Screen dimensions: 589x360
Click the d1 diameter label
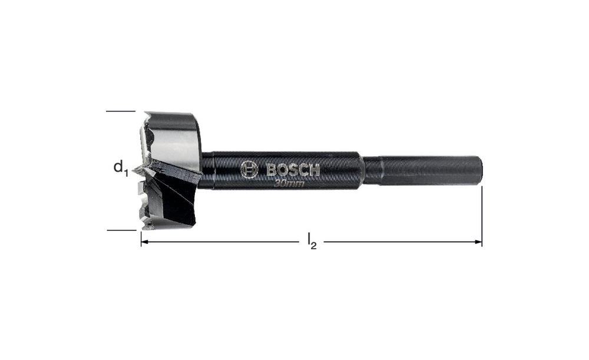(x=121, y=167)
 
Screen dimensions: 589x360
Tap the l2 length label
(x=312, y=241)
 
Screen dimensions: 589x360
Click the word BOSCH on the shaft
(x=293, y=170)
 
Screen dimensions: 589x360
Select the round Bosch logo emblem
(x=249, y=169)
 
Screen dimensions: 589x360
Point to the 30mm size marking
(x=289, y=184)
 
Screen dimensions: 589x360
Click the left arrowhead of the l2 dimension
(x=145, y=242)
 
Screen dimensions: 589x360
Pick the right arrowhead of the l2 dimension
(x=478, y=242)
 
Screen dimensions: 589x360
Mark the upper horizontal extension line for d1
(x=121, y=111)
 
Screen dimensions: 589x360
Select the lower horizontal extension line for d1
(x=121, y=230)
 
